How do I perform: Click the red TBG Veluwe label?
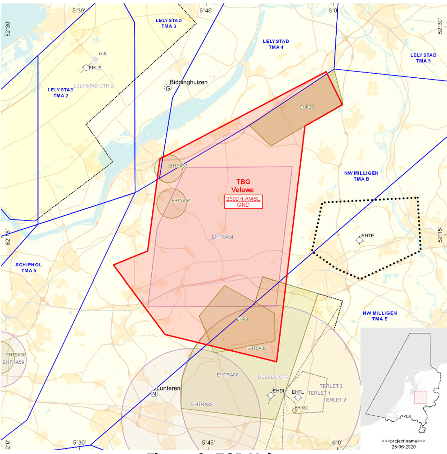click(x=243, y=186)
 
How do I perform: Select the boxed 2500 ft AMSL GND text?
click(x=243, y=202)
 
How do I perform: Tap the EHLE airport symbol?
click(x=86, y=68)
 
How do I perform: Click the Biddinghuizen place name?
click(x=188, y=82)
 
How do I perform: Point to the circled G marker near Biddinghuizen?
click(x=168, y=88)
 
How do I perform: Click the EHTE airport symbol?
click(x=359, y=240)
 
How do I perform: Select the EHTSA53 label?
click(x=177, y=166)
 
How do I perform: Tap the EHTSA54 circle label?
click(x=181, y=201)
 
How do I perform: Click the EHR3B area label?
click(x=307, y=107)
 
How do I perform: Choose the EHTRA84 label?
click(x=222, y=237)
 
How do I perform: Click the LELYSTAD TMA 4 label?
click(x=276, y=44)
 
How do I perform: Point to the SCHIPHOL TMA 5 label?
click(x=29, y=268)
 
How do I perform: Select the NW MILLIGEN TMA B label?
click(x=361, y=176)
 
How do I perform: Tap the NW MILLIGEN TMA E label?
click(x=380, y=316)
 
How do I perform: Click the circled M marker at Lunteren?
click(x=154, y=394)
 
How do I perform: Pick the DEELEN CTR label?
click(x=273, y=377)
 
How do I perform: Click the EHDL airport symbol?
click(x=271, y=395)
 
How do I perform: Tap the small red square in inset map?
click(x=420, y=397)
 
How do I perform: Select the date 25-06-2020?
click(x=403, y=447)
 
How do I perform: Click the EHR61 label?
click(x=301, y=408)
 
